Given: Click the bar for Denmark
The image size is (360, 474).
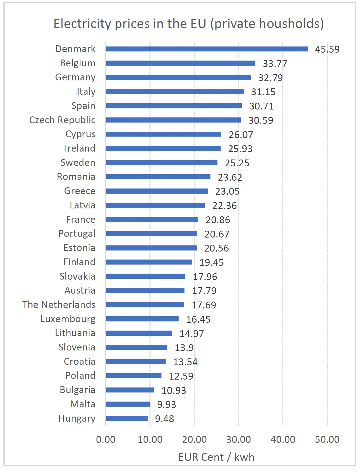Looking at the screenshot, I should [x=207, y=49].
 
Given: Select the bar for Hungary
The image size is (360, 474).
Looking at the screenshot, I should [x=127, y=418].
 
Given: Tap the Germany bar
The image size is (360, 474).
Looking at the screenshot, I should [x=179, y=77].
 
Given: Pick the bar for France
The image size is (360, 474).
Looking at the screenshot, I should [x=152, y=220].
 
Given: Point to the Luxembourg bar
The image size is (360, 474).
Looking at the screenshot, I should [x=142, y=319].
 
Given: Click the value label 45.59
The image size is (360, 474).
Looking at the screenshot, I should [x=327, y=49].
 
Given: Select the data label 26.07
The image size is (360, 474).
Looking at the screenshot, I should [x=241, y=135].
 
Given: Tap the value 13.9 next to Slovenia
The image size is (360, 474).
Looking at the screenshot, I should [x=184, y=348].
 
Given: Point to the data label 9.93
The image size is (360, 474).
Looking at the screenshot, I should [x=166, y=404].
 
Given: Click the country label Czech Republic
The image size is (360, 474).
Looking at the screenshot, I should [x=62, y=120].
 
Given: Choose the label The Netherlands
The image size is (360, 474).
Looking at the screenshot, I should [x=59, y=305].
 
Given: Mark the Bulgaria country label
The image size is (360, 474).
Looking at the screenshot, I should [x=78, y=390].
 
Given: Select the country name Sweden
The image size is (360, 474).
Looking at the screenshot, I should [x=78, y=163].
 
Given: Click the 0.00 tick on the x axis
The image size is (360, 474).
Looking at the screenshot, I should [x=106, y=439].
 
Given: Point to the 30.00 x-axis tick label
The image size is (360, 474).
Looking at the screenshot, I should [x=238, y=439].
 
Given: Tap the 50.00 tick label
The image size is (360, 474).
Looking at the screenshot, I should [x=327, y=439].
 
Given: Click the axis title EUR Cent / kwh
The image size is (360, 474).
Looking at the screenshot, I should [x=216, y=457].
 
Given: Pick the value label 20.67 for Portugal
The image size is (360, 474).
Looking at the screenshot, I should [x=217, y=234].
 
